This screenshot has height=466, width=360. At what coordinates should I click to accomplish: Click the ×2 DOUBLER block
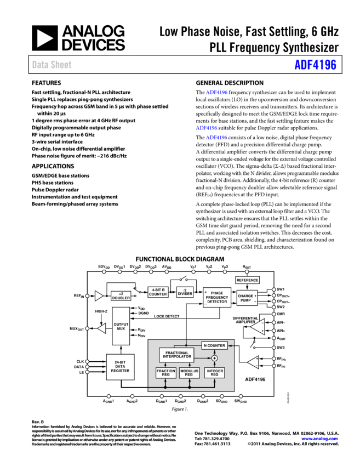(x=121, y=296)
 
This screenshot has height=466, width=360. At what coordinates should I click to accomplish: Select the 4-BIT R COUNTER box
(x=158, y=292)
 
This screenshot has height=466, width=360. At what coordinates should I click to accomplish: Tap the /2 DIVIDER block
(x=185, y=292)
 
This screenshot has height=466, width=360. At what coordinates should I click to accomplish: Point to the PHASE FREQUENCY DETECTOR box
(x=217, y=297)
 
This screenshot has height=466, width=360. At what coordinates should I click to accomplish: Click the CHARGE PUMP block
(x=247, y=298)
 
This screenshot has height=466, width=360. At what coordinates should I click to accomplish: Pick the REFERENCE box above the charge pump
(x=247, y=280)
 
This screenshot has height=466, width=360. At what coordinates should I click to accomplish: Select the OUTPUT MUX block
(x=121, y=326)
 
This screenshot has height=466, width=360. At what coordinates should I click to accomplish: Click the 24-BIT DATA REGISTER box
(x=120, y=367)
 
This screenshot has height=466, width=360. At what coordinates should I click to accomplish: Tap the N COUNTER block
(x=214, y=345)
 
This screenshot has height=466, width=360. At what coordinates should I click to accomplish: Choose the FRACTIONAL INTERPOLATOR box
(x=176, y=355)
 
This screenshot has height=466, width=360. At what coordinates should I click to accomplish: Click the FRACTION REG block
(x=165, y=373)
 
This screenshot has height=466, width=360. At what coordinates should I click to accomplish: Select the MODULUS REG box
(x=189, y=373)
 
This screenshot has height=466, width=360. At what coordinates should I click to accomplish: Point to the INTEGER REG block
(x=214, y=373)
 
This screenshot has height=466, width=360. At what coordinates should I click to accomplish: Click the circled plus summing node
(x=214, y=358)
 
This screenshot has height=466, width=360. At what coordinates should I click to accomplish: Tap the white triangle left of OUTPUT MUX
(x=102, y=328)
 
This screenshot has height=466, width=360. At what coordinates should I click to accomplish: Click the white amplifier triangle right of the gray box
(x=253, y=362)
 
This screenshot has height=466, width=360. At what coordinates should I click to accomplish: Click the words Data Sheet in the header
(x=52, y=65)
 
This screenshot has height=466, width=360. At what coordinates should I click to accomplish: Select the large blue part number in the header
(x=315, y=65)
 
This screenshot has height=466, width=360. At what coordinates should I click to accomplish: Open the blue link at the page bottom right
(x=319, y=439)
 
